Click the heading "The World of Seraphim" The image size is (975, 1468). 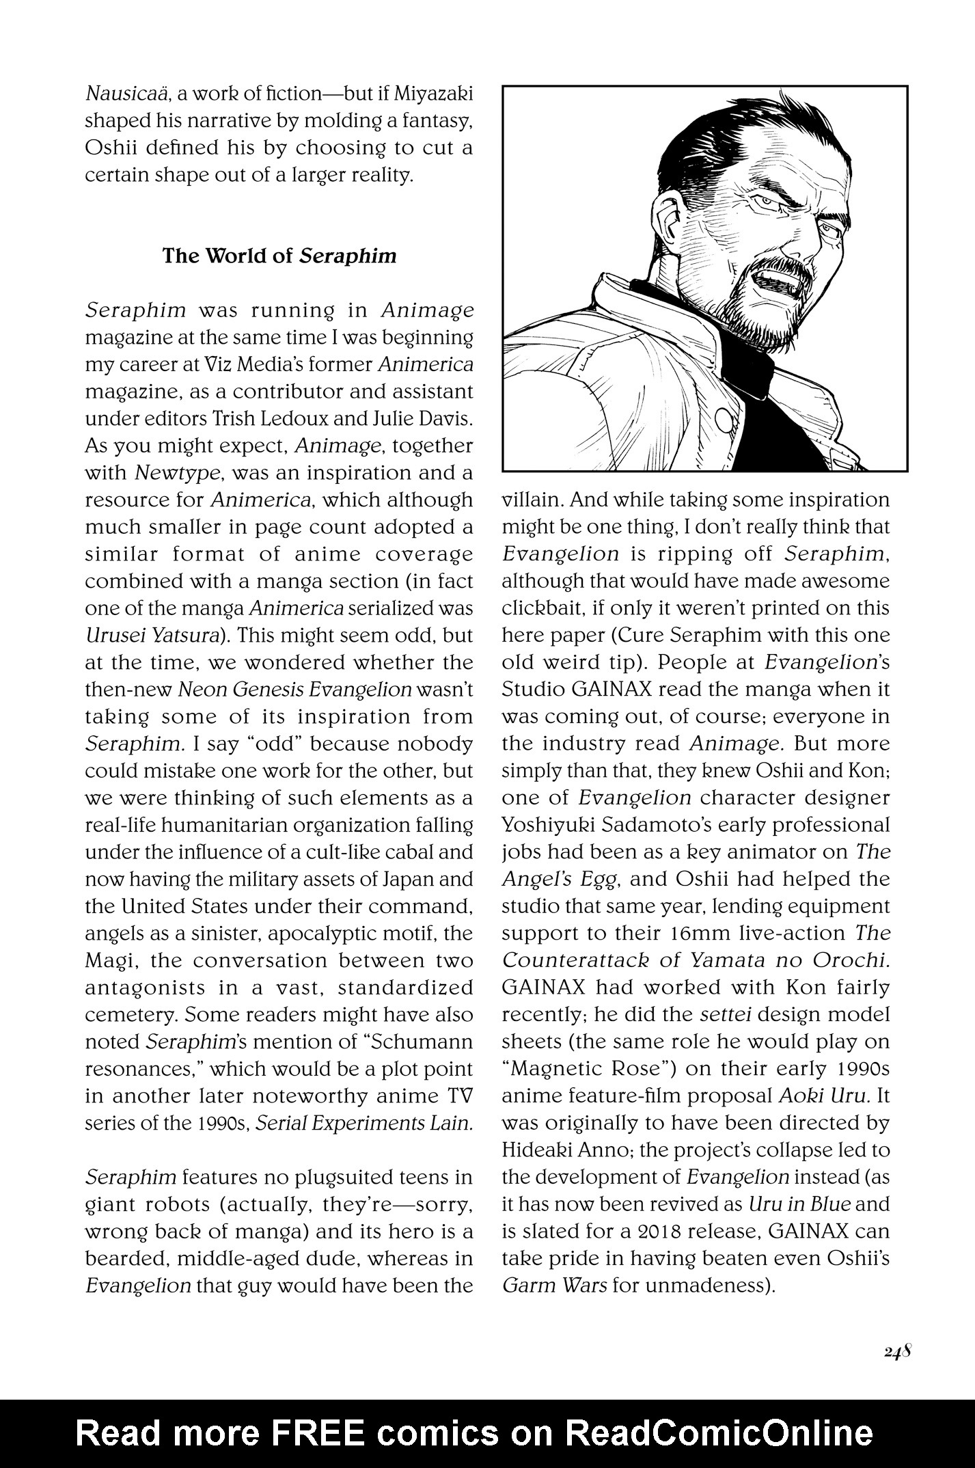(x=279, y=256)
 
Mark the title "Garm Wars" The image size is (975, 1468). (x=554, y=1286)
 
